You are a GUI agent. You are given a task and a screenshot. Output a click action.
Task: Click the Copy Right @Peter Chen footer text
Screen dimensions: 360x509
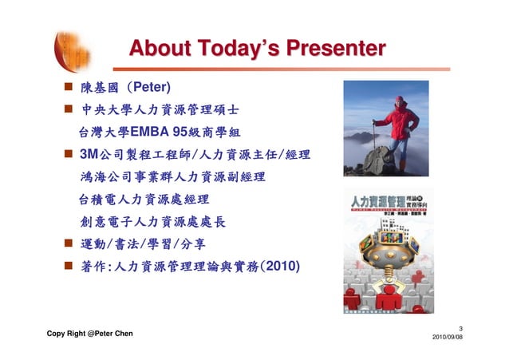[x=89, y=333]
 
